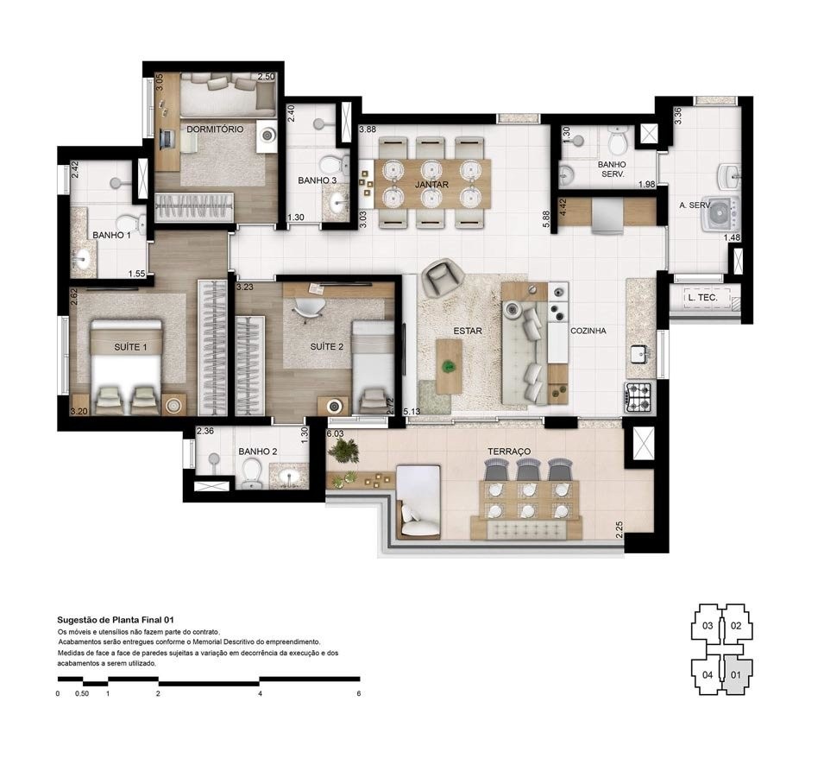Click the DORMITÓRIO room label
(215, 129)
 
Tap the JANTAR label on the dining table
(429, 185)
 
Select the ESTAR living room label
(468, 331)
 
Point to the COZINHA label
(588, 331)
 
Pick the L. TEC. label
(701, 299)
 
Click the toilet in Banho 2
(251, 473)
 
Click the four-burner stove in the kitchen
(638, 396)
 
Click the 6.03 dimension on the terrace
(335, 433)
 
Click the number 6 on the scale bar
(357, 693)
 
